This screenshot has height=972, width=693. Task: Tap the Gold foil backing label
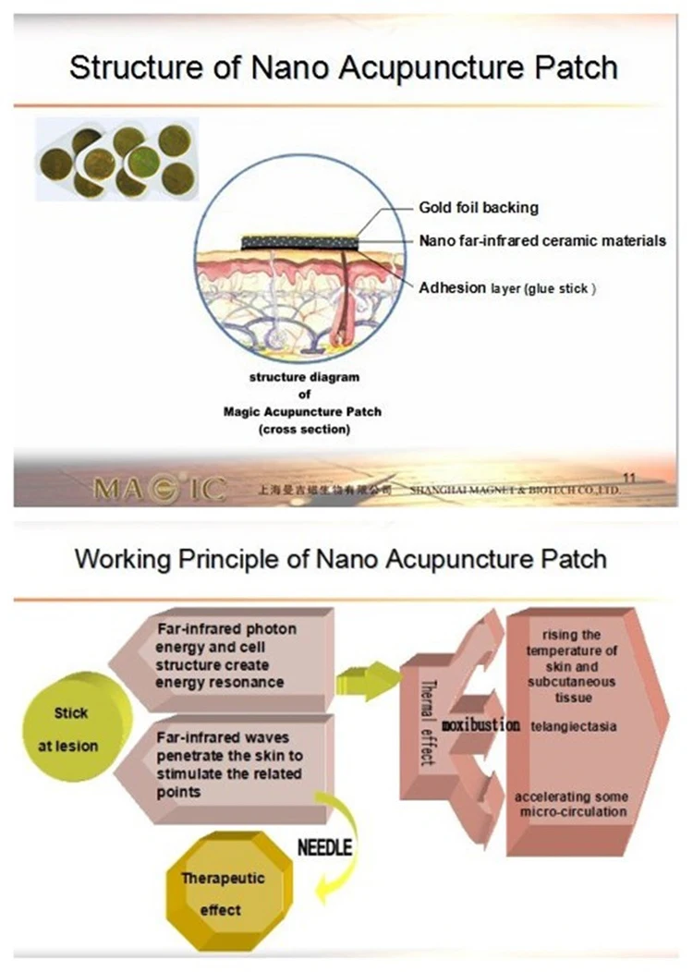coord(479,207)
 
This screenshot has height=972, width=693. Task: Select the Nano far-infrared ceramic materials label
coord(542,240)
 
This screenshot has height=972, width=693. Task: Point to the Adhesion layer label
coord(507,288)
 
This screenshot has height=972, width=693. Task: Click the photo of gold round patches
coord(117,159)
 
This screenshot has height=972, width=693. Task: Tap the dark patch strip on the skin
coord(298,242)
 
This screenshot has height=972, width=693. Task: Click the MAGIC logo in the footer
coord(159,488)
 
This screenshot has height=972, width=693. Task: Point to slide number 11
coord(631,477)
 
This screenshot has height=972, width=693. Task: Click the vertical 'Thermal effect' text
coord(426,726)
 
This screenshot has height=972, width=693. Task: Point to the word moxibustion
coord(480,724)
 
